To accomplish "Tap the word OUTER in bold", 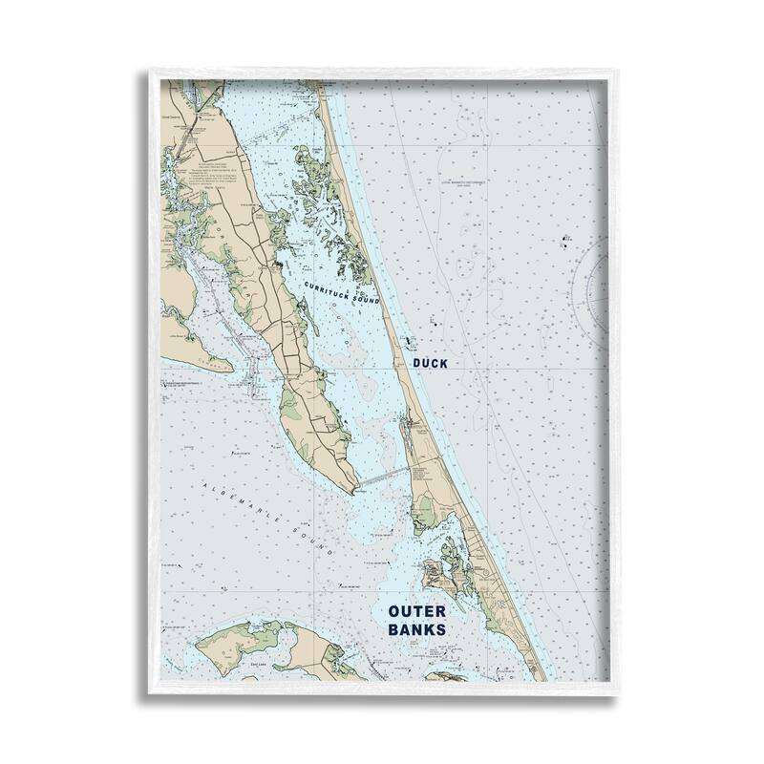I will point(418,609).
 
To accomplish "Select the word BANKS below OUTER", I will point(417,630).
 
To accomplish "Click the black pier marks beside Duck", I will point(410,341).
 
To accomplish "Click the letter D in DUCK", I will point(416,364).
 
